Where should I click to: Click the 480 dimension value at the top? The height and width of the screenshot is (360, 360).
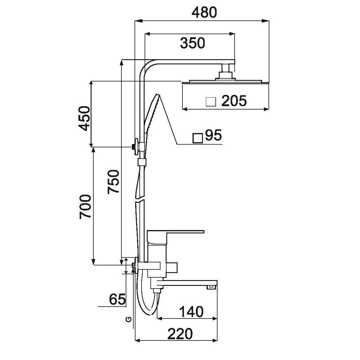click(204, 12)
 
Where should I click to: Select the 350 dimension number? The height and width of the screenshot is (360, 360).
click(192, 43)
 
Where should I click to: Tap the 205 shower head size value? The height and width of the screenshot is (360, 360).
click(234, 101)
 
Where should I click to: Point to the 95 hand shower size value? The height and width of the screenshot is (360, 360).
click(213, 135)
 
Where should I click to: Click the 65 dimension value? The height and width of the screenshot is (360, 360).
click(117, 299)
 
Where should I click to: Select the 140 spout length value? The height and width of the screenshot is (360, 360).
click(191, 312)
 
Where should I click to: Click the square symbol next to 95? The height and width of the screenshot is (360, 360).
click(198, 138)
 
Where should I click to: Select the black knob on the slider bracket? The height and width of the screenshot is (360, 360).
click(133, 147)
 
